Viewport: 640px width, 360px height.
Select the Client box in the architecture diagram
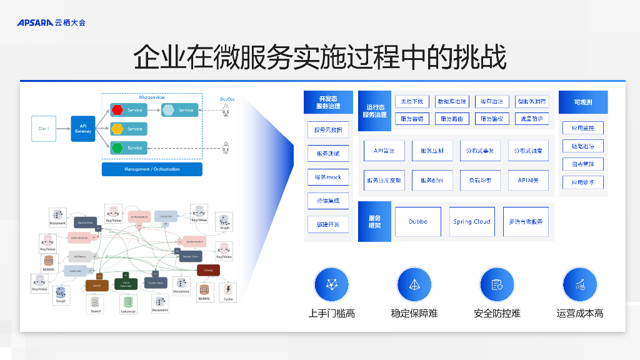44,129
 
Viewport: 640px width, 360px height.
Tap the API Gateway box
83,129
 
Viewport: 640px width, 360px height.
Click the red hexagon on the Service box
117,110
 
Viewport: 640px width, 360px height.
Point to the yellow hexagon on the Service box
117,129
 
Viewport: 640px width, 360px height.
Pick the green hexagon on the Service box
117,147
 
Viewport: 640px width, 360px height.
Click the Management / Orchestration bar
152,169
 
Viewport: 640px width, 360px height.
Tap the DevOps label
227,99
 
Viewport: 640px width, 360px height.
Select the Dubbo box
418,222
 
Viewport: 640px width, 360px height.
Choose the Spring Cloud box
472,222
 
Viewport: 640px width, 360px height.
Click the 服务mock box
328,177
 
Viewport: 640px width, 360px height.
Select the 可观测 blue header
582,102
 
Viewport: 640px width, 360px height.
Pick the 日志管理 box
582,164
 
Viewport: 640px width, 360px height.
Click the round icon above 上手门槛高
332,284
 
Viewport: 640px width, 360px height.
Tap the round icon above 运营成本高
580,284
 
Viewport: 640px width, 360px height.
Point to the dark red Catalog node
208,270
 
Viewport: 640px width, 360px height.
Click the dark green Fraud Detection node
126,284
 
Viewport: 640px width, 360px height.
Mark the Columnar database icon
128,302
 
